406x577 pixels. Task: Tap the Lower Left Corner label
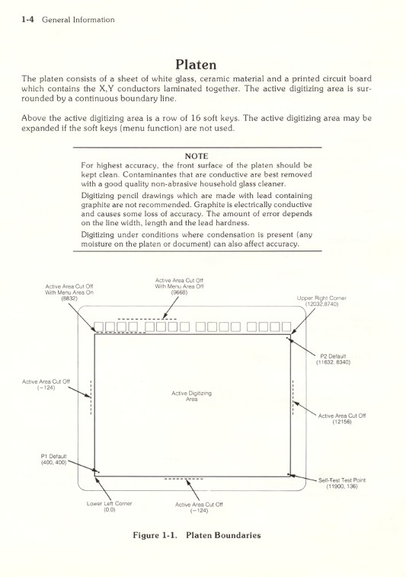[x=108, y=504]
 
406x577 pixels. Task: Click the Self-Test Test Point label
[x=342, y=480]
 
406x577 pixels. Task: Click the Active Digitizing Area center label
[x=191, y=395]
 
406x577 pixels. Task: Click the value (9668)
[x=179, y=292]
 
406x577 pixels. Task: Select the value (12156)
[x=342, y=422]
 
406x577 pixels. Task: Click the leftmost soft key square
[x=99, y=328]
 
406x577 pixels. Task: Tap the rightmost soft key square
[x=286, y=328]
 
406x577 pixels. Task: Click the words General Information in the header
[x=78, y=19]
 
